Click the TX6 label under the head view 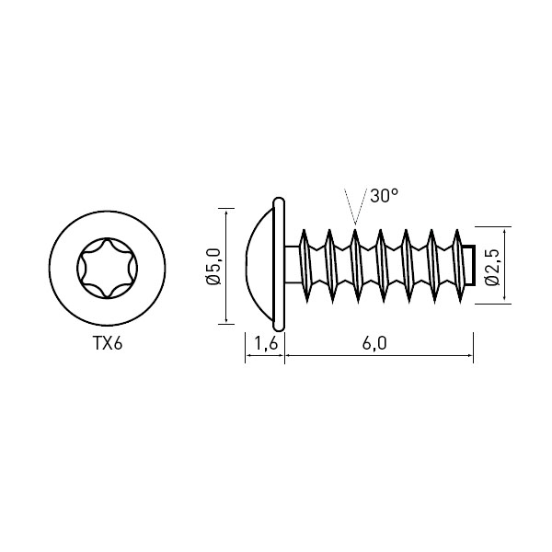[x=108, y=343]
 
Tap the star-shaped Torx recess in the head [x=108, y=269]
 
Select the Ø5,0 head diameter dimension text [x=214, y=266]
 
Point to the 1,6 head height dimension [x=265, y=343]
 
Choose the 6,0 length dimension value [x=374, y=343]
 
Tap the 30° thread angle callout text [x=385, y=195]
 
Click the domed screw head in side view [x=259, y=265]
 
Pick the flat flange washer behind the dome [x=279, y=264]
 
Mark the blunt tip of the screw [x=469, y=265]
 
